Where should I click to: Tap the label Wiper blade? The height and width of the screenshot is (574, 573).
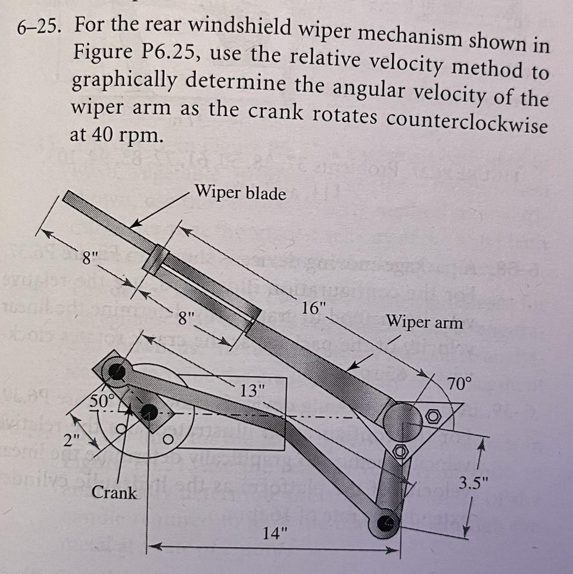[241, 194]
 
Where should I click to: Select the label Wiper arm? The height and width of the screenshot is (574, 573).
[424, 323]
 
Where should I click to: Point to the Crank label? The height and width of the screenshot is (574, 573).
[114, 493]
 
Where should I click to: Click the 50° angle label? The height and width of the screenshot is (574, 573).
[102, 399]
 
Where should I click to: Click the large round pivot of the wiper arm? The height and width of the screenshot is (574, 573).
[401, 421]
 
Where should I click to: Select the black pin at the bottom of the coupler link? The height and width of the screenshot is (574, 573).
[388, 523]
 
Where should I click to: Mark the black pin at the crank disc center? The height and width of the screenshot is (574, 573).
[150, 411]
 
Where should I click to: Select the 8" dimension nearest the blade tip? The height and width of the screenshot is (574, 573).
[89, 260]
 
